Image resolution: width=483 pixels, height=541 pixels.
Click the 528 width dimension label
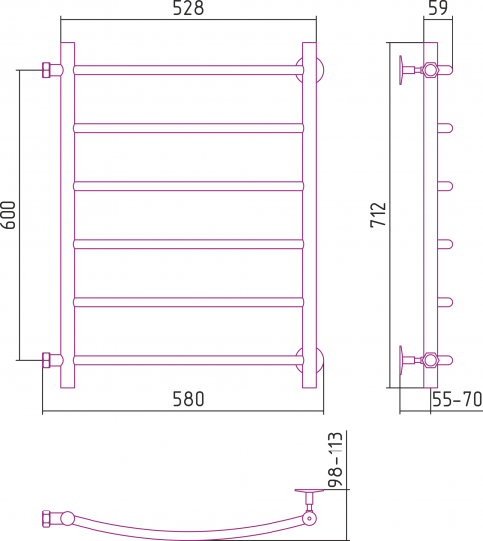pyautogui.click(x=188, y=8)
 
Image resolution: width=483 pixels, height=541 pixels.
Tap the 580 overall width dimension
pyautogui.click(x=188, y=399)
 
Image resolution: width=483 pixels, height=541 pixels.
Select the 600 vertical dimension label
pyautogui.click(x=8, y=215)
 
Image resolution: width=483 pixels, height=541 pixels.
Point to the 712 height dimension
pyautogui.click(x=378, y=214)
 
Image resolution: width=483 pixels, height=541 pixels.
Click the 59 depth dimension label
pyautogui.click(x=438, y=8)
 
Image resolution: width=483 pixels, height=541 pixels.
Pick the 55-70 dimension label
pyautogui.click(x=456, y=399)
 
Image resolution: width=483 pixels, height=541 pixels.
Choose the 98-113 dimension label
pyautogui.click(x=335, y=459)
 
